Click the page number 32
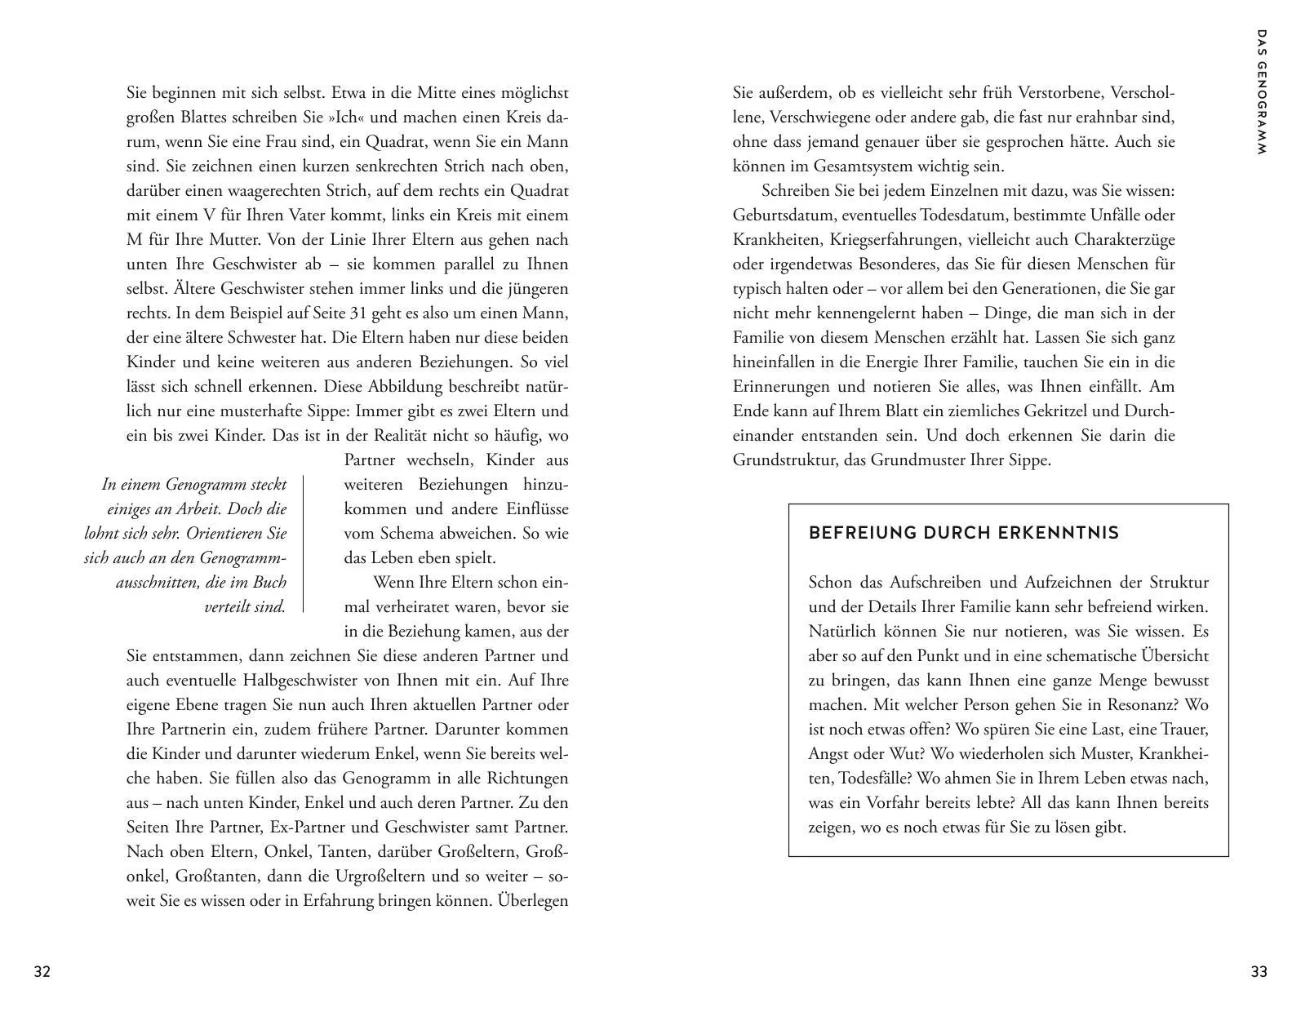click(x=42, y=971)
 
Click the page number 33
click(x=1259, y=971)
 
